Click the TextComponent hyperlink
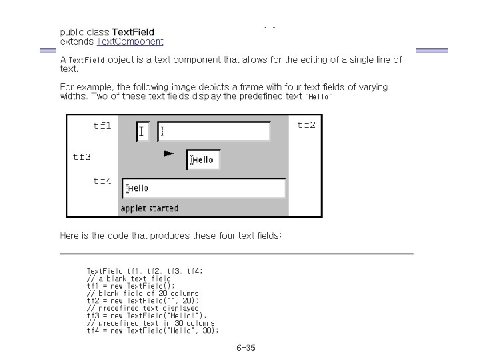tap(130, 41)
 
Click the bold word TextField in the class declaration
tap(133, 31)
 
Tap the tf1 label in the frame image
tap(102, 125)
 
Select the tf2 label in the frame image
tap(306, 125)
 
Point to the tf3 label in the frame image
tap(82, 157)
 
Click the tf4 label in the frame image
tap(102, 181)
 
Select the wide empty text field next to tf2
tap(213, 131)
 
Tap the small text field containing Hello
tap(203, 160)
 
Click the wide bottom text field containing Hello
tap(203, 189)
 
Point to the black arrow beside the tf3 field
tap(169, 154)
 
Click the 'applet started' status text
tap(149, 208)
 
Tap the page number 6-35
tap(245, 348)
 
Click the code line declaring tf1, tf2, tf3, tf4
tap(145, 271)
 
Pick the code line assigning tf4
tap(153, 330)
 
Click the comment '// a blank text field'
tap(129, 278)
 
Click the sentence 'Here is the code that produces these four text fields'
tap(171, 235)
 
